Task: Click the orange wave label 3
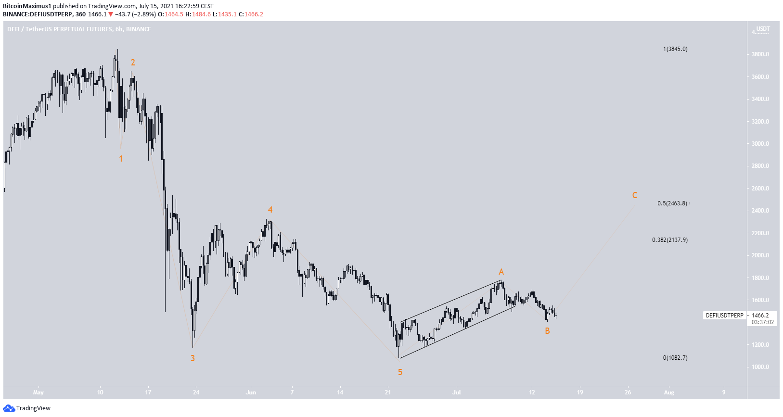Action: tap(193, 358)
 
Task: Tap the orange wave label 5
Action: tap(400, 372)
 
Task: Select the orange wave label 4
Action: tap(270, 210)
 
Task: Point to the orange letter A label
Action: tap(501, 272)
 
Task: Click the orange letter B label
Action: tap(547, 331)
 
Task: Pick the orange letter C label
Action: tap(635, 195)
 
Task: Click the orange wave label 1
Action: tap(121, 159)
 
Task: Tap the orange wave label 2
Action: tap(133, 63)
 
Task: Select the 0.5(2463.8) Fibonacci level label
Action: tap(672, 203)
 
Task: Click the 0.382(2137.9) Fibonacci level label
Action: tap(670, 240)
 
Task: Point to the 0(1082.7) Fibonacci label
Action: tap(675, 358)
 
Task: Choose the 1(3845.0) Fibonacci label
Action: tap(675, 49)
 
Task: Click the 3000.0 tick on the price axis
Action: tap(760, 144)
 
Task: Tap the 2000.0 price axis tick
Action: tap(760, 255)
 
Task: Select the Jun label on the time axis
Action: tap(251, 392)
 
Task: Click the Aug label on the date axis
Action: tap(669, 392)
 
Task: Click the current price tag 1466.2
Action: tap(760, 316)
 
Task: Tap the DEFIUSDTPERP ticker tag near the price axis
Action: tap(724, 316)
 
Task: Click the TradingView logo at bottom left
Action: tap(27, 408)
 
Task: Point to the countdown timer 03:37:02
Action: tap(763, 322)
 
